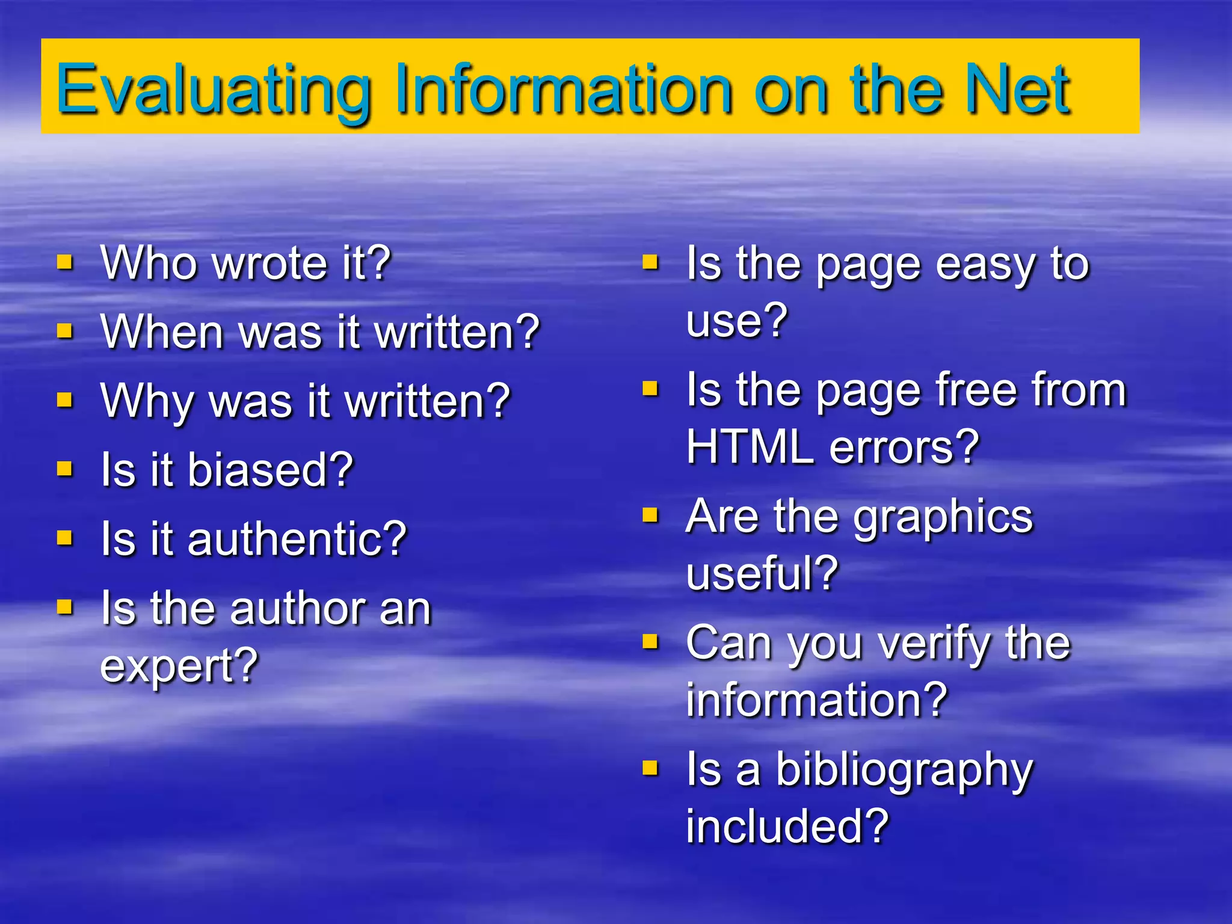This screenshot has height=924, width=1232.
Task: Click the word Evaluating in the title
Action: tap(214, 90)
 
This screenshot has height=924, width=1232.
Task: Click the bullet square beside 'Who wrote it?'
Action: tap(64, 262)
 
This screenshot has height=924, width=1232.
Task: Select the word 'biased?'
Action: tap(270, 470)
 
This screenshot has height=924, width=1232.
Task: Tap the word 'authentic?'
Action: tap(297, 539)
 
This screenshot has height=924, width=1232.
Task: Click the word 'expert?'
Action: tap(179, 667)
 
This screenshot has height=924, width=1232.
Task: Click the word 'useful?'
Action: tap(762, 573)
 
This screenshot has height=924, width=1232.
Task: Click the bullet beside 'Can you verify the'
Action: tap(650, 642)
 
